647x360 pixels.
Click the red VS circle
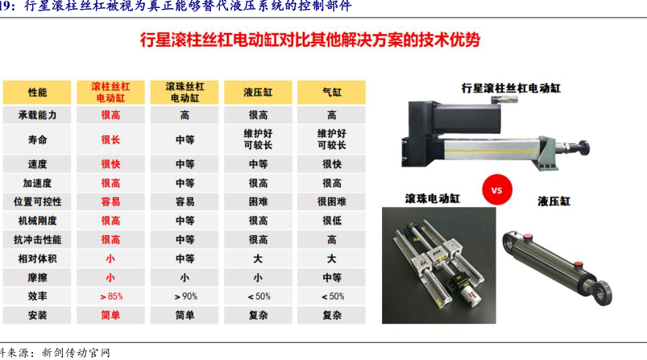click(x=497, y=190)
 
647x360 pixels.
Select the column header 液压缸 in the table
click(x=258, y=93)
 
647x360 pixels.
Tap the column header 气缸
click(x=332, y=93)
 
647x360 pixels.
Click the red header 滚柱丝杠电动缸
click(x=110, y=93)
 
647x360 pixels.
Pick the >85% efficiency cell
click(x=111, y=296)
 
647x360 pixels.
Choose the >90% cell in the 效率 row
click(x=185, y=296)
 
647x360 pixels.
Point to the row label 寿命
click(x=37, y=140)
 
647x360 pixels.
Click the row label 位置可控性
click(x=37, y=201)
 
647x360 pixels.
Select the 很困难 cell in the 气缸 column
click(x=332, y=201)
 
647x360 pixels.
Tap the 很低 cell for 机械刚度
click(x=332, y=221)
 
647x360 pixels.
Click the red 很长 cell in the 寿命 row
click(x=110, y=140)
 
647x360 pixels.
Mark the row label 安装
click(x=37, y=316)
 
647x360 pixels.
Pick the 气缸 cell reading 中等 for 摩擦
click(x=332, y=278)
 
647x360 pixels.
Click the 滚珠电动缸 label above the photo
click(x=433, y=199)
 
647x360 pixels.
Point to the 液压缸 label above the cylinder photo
click(x=554, y=201)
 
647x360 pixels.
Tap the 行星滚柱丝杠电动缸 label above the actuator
click(x=511, y=89)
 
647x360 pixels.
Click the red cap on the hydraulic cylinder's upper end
click(x=527, y=237)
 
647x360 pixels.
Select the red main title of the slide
click(x=310, y=40)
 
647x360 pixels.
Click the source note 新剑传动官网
click(x=76, y=353)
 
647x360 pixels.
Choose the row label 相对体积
click(x=37, y=259)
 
